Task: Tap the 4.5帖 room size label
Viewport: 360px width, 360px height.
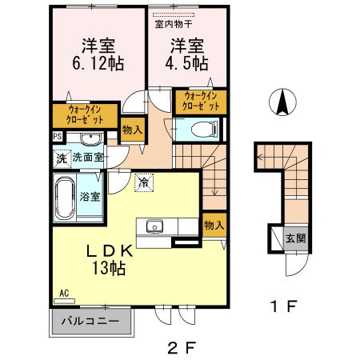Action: [186, 61]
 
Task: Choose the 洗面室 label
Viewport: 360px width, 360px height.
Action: [89, 158]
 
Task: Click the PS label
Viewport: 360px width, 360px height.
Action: [58, 137]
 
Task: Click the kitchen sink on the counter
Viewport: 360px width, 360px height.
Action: [154, 225]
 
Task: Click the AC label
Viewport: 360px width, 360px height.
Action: [63, 294]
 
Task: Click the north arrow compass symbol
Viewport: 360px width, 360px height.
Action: [282, 102]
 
